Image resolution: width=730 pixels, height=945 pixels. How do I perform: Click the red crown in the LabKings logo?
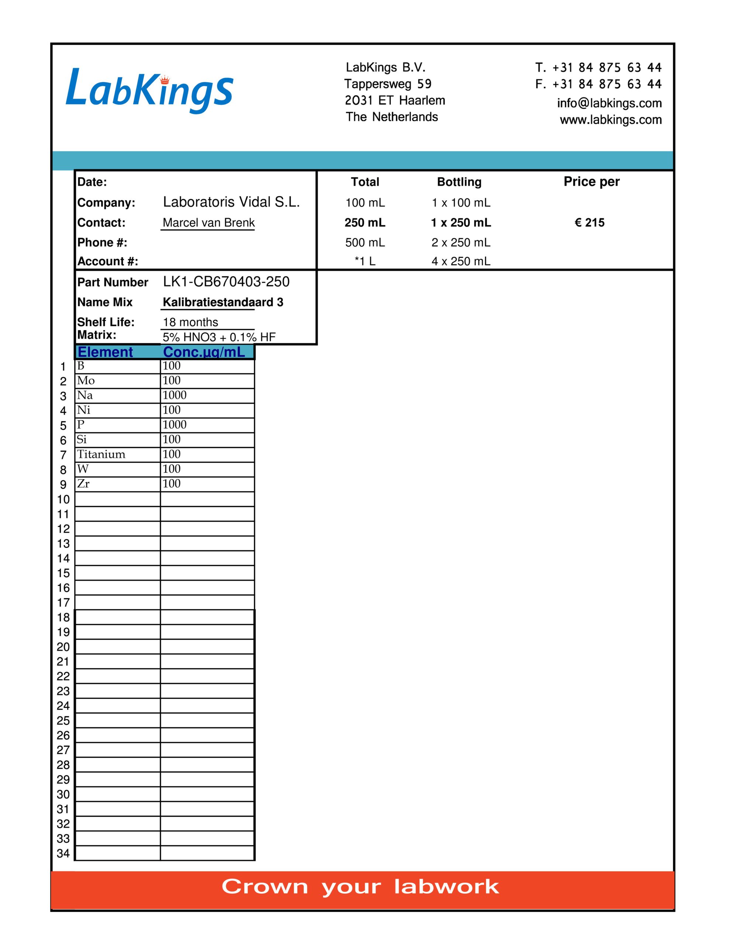coord(165,80)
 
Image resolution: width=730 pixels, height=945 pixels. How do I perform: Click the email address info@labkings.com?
coord(609,103)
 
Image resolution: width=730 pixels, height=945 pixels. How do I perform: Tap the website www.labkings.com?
coord(610,120)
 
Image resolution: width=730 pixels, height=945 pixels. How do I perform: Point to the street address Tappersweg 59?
coord(388,84)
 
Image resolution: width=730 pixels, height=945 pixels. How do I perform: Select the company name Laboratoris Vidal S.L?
coord(231,202)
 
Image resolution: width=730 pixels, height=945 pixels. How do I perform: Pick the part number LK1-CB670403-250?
coord(226,282)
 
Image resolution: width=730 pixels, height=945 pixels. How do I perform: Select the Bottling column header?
coord(459,182)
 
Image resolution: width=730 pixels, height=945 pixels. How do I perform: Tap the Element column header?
coord(105,352)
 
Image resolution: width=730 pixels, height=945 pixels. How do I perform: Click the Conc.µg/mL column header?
coord(204,352)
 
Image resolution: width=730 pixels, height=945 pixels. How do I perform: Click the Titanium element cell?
coord(101,454)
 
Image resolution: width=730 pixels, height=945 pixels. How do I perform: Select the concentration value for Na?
coord(175,395)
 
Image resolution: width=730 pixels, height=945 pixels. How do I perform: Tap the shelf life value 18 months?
coord(190,322)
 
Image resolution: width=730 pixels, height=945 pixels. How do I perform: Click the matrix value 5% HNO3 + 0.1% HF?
coord(219,337)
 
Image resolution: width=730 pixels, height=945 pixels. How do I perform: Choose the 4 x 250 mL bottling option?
coord(461,261)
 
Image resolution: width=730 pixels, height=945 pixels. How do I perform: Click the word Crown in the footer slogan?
coord(265,887)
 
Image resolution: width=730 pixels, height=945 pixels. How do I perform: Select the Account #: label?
coord(108,261)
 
